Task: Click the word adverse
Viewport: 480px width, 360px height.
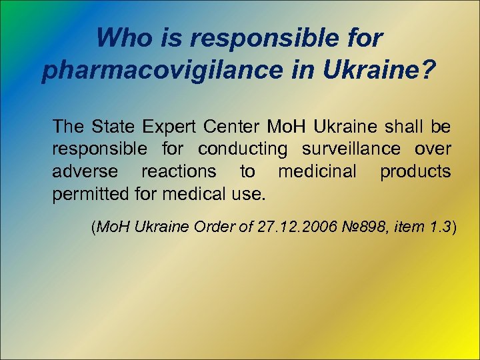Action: pyautogui.click(x=85, y=171)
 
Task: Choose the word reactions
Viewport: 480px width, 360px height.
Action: pyautogui.click(x=178, y=171)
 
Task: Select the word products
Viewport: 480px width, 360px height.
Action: pyautogui.click(x=415, y=171)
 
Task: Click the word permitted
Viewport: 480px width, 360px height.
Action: pyautogui.click(x=87, y=195)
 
